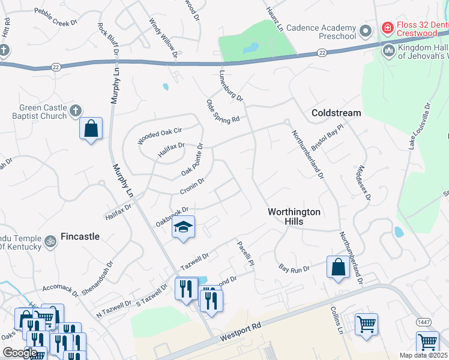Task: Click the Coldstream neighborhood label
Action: click(x=336, y=113)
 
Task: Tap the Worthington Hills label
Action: click(x=294, y=217)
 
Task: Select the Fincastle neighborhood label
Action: click(x=80, y=236)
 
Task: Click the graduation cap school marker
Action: click(x=184, y=227)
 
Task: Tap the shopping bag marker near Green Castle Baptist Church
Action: click(x=91, y=128)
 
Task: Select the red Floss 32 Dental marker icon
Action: click(x=388, y=28)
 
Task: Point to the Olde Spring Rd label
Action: click(x=223, y=111)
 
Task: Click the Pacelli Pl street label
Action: click(x=246, y=254)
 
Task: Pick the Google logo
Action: click(x=19, y=352)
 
